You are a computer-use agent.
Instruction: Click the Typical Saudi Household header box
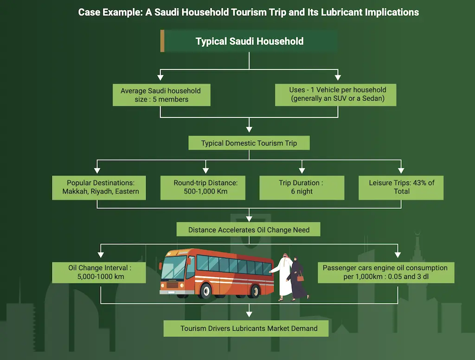click(x=250, y=41)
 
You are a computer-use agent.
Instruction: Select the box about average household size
click(x=160, y=95)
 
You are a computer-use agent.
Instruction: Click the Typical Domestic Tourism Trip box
click(x=249, y=143)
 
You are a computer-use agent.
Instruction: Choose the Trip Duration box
click(x=302, y=187)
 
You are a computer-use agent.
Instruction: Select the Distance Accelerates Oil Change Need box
click(x=249, y=230)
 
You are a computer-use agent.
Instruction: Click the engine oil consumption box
click(x=385, y=272)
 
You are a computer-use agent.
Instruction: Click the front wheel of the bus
click(x=204, y=290)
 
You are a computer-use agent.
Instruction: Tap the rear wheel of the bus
click(x=254, y=290)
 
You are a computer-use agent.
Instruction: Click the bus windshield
click(x=173, y=268)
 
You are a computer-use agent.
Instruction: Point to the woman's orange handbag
click(x=301, y=277)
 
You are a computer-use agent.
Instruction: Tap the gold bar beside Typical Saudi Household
click(x=162, y=41)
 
